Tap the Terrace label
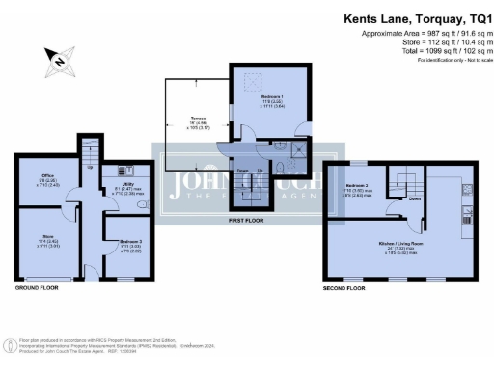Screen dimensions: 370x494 [x=193, y=121]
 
